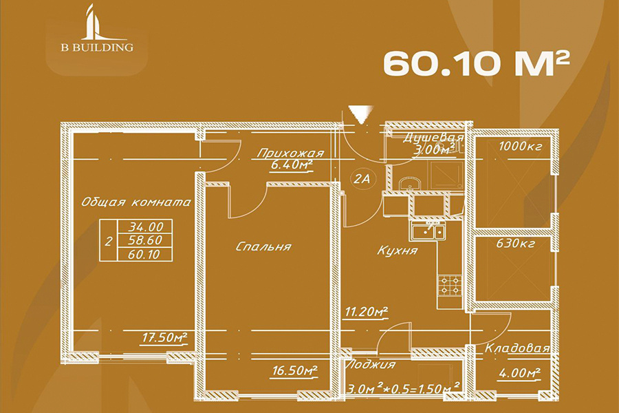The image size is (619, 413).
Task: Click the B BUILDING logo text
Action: pyautogui.click(x=97, y=47)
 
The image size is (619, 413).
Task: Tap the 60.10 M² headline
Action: pyautogui.click(x=477, y=63)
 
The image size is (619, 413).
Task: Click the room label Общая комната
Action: pyautogui.click(x=136, y=202)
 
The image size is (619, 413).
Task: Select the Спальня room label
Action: pyautogui.click(x=263, y=246)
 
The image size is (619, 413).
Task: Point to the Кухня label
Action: pyautogui.click(x=397, y=251)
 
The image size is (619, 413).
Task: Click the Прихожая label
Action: pyautogui.click(x=290, y=153)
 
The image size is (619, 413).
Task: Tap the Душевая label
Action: pyautogui.click(x=433, y=138)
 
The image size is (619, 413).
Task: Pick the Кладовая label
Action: pyautogui.click(x=517, y=348)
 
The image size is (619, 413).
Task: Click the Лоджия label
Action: pyautogui.click(x=370, y=364)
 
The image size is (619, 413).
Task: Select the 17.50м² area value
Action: pyautogui.click(x=164, y=338)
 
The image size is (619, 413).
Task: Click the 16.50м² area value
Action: pyautogui.click(x=295, y=371)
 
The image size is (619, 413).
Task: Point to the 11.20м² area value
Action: pyautogui.click(x=366, y=312)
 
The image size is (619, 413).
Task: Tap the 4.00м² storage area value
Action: pyautogui.click(x=519, y=372)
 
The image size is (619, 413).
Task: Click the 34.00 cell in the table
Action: pyautogui.click(x=145, y=226)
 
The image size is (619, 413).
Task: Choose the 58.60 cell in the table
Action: pyautogui.click(x=145, y=240)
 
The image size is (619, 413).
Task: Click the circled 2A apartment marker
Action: pyautogui.click(x=362, y=179)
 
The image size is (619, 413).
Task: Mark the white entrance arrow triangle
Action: pyautogui.click(x=360, y=114)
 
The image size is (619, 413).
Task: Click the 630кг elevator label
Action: pyautogui.click(x=517, y=243)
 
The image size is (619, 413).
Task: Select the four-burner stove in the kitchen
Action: pyautogui.click(x=450, y=284)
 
